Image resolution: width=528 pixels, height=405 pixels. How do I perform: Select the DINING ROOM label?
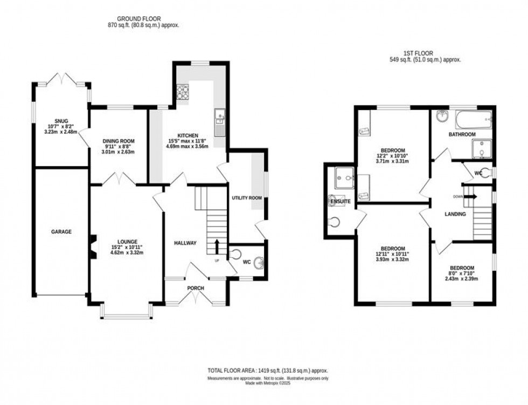point(117,141)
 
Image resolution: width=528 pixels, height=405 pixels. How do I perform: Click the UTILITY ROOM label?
point(247,198)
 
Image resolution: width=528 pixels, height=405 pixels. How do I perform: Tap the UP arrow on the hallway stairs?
point(217,247)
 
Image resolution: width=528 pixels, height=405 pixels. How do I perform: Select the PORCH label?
point(195,288)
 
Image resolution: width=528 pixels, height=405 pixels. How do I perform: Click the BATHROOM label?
point(462,134)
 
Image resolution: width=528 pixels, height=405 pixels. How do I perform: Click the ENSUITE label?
point(341,201)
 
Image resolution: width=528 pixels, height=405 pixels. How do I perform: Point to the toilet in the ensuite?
point(335,222)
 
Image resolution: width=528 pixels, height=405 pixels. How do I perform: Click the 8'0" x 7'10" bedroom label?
point(462,273)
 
